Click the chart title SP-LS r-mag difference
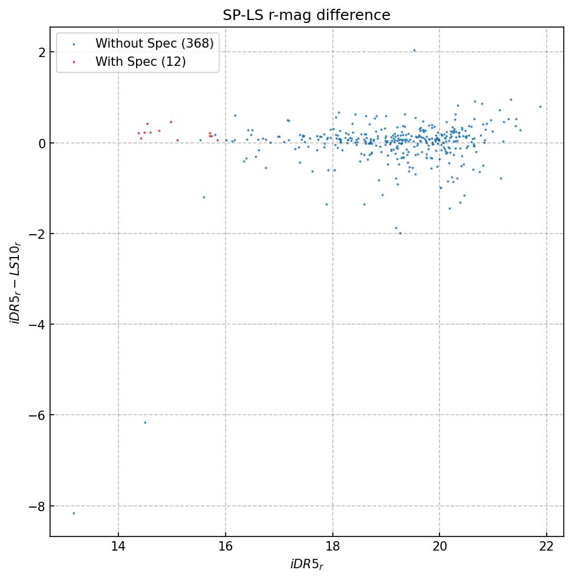pyautogui.click(x=306, y=15)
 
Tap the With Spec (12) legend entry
pyautogui.click(x=141, y=61)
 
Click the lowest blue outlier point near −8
pyautogui.click(x=74, y=513)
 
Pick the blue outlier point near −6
pyautogui.click(x=145, y=422)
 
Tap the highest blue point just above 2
pyautogui.click(x=414, y=50)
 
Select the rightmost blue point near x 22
pyautogui.click(x=540, y=106)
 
